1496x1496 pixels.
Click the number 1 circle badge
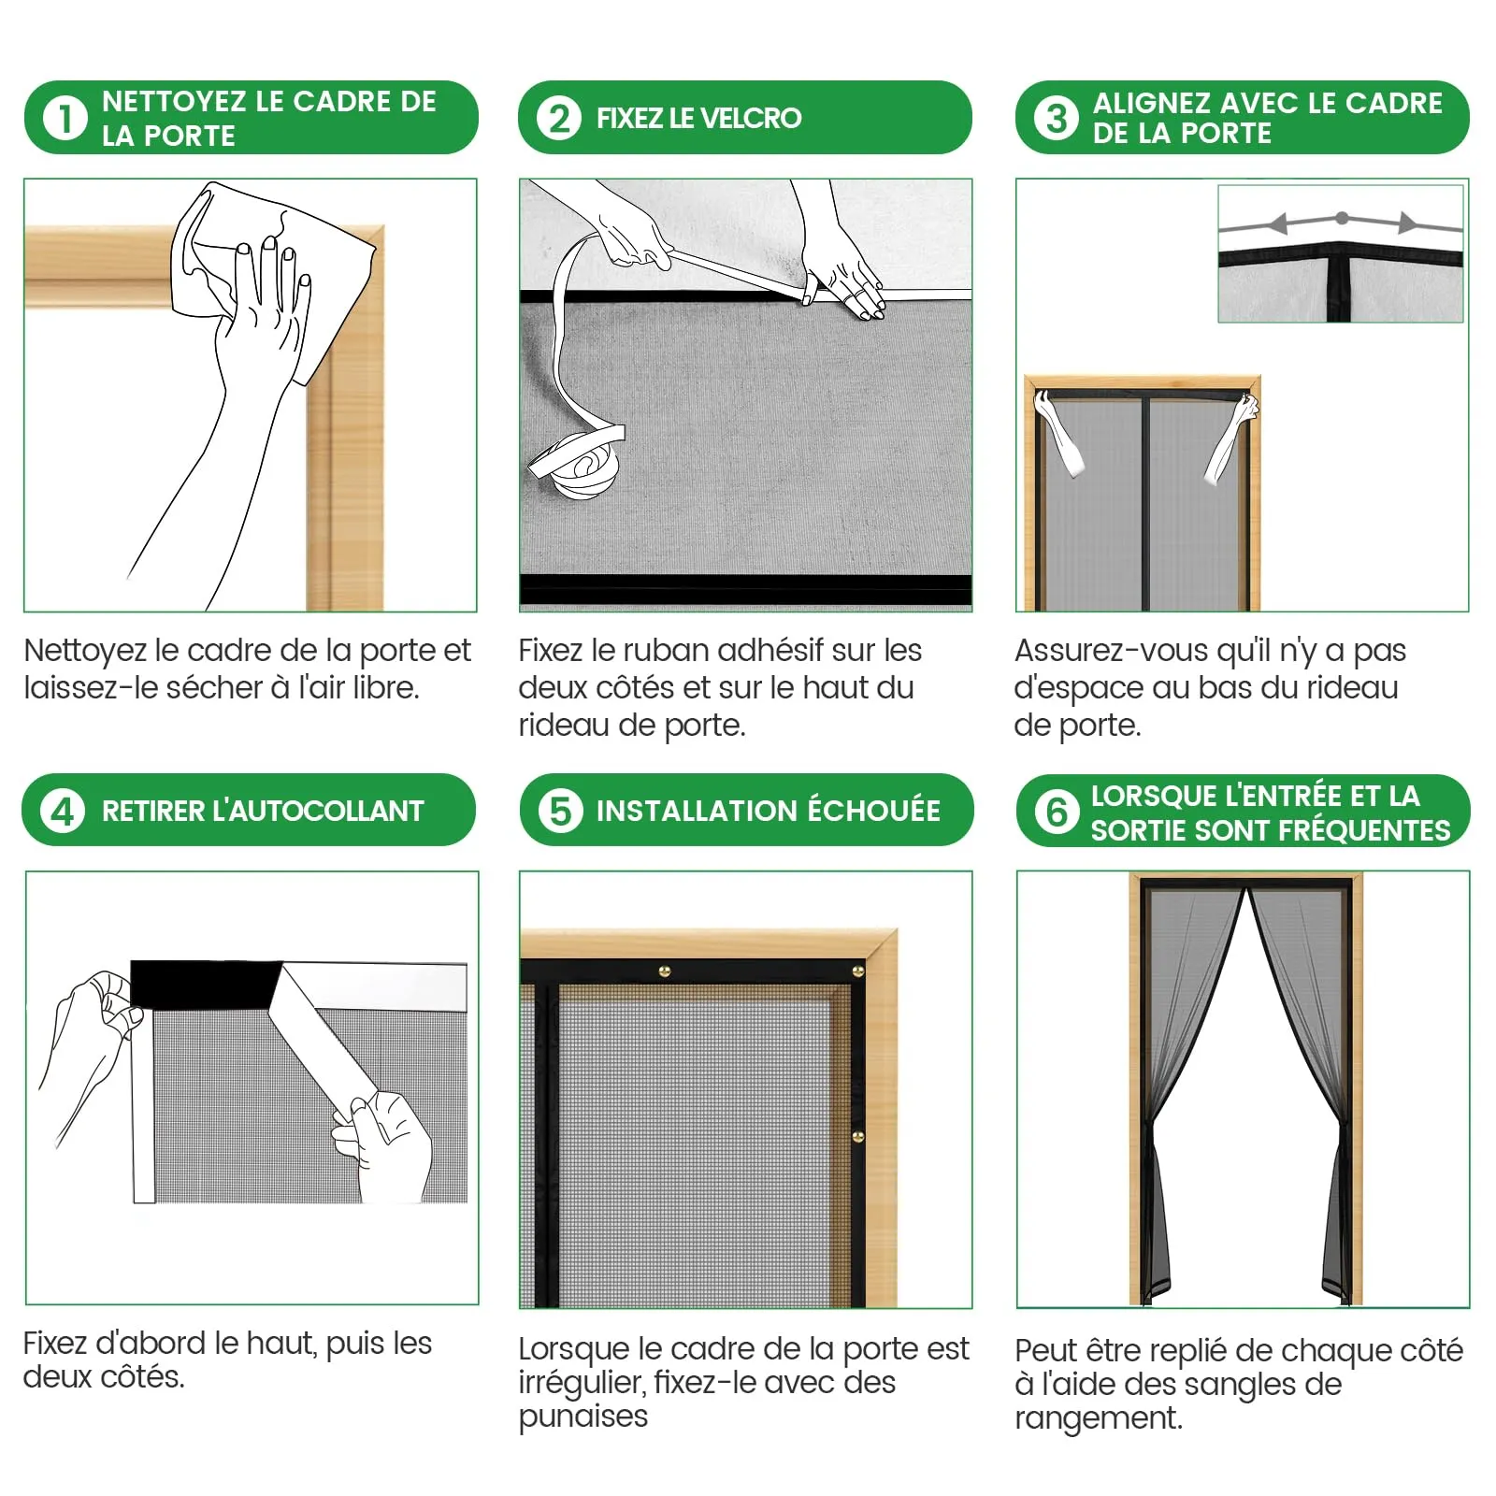pyautogui.click(x=65, y=119)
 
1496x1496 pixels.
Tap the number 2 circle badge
pyautogui.click(x=559, y=119)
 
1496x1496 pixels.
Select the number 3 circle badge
pyautogui.click(x=1057, y=119)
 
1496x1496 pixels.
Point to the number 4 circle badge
pyautogui.click(x=63, y=811)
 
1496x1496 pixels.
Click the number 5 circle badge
pyautogui.click(x=560, y=811)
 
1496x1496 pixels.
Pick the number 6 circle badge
pyautogui.click(x=1057, y=812)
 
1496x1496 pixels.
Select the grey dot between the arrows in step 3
pyautogui.click(x=1342, y=218)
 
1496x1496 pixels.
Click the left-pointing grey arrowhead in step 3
pyautogui.click(x=1278, y=223)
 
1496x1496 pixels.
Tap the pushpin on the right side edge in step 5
pyautogui.click(x=858, y=1137)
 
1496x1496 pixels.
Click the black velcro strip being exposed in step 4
pyautogui.click(x=206, y=985)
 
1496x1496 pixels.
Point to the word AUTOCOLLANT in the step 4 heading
pyautogui.click(x=318, y=811)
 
